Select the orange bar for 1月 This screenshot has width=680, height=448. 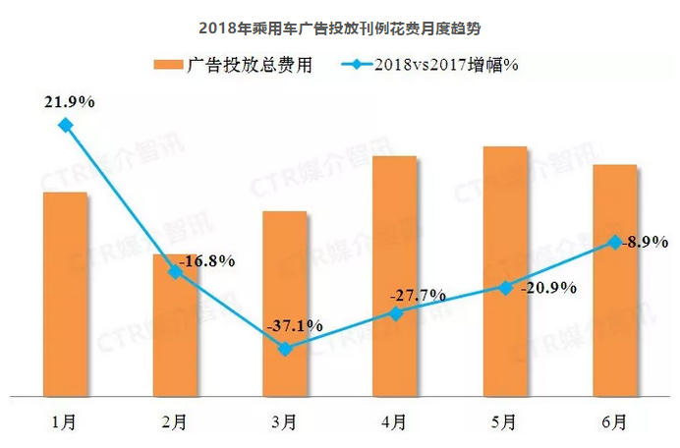65,295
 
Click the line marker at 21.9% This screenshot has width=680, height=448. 65,125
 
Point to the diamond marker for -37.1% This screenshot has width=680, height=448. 284,349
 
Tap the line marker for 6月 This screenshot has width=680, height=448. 614,242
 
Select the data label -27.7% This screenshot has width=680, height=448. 418,295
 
